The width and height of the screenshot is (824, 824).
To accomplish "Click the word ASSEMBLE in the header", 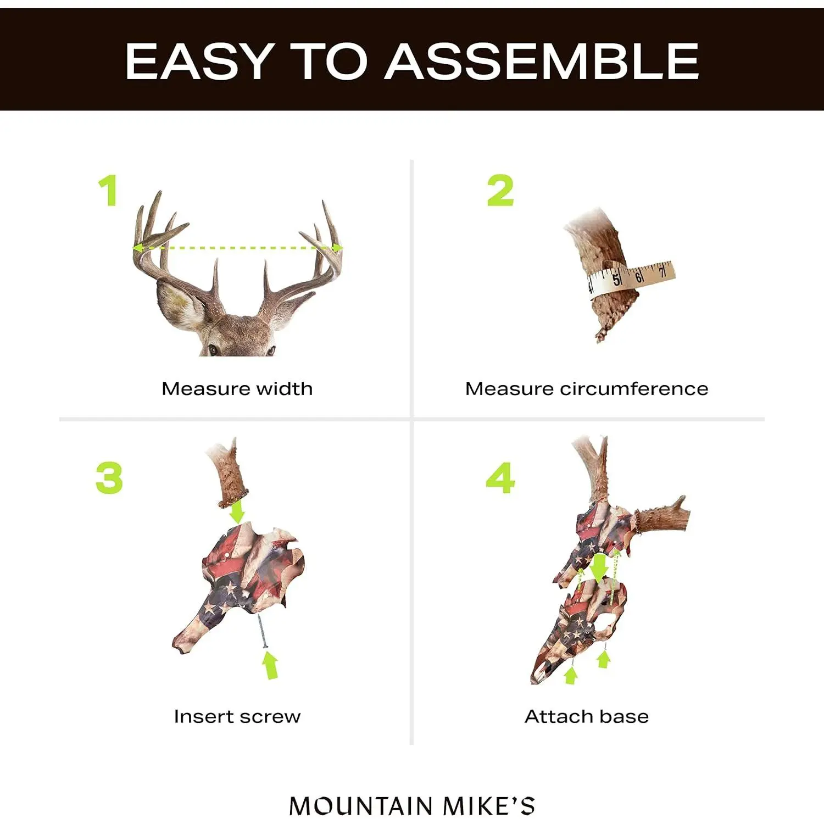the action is (542, 61).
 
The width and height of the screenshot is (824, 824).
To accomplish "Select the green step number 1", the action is (108, 190).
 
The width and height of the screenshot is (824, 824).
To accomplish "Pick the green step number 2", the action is (500, 190).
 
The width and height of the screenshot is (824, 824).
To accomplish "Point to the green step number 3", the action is (109, 477).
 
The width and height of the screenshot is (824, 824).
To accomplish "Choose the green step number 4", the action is (500, 477).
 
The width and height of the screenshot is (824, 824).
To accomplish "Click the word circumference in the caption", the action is (634, 388).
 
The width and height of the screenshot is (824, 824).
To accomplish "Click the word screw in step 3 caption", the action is (270, 717).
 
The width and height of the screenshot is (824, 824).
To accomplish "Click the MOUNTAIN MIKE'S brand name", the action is (412, 806).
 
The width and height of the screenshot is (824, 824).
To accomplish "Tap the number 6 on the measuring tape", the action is (639, 276).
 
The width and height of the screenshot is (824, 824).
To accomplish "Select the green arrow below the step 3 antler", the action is (237, 511).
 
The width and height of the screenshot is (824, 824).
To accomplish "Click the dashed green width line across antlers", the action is (237, 248).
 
